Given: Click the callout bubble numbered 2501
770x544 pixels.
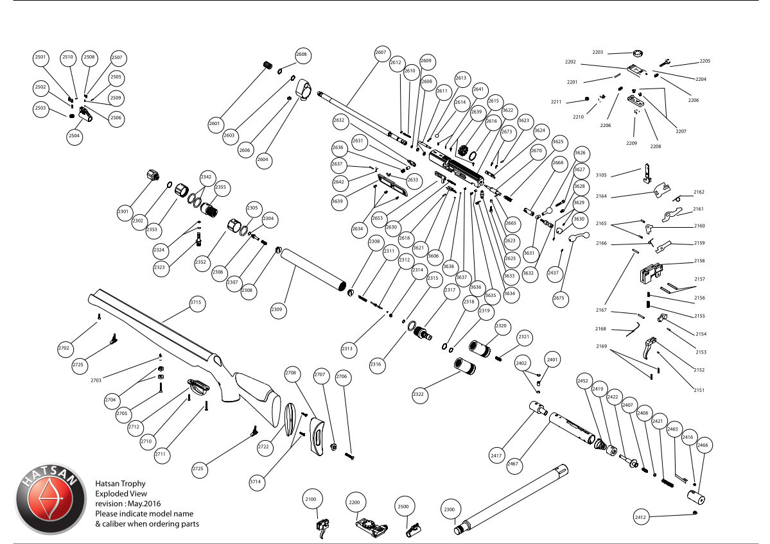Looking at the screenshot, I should (41, 57).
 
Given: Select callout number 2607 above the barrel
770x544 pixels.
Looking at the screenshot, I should (381, 52).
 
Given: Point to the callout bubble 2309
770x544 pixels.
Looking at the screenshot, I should (277, 309).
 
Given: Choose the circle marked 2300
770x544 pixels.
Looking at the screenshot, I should (450, 510).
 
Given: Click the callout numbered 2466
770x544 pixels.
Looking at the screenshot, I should (703, 445).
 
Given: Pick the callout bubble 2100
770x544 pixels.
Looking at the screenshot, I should (311, 499).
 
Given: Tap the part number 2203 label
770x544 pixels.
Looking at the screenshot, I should (597, 52).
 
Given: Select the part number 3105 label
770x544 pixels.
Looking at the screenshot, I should (601, 174).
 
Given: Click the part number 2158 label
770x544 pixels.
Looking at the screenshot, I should (699, 261).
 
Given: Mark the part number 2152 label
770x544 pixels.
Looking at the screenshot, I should (699, 370).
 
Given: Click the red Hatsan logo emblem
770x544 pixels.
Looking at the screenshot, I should (49, 499).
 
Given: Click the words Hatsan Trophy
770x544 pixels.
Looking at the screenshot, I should (120, 484).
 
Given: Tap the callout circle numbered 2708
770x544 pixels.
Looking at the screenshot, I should (291, 373).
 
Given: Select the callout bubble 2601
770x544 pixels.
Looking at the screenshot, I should (214, 123).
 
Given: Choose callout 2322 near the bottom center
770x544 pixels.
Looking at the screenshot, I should (419, 393).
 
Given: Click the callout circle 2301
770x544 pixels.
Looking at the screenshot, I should (123, 210).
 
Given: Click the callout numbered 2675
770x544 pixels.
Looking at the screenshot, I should (559, 298).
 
